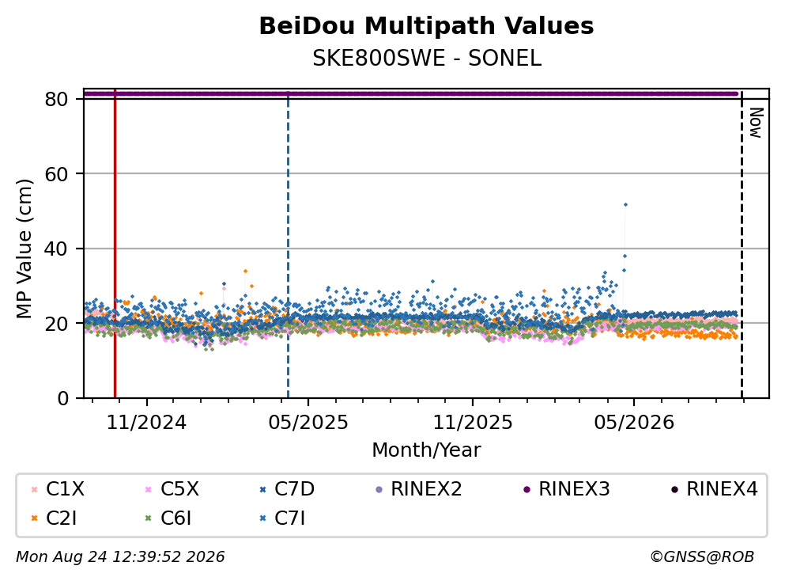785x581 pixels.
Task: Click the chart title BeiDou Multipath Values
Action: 426,26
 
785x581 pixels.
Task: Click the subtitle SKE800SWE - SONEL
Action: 427,59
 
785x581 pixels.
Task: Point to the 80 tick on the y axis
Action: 56,99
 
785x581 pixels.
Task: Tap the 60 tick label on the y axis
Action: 56,174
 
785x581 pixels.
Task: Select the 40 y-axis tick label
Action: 56,249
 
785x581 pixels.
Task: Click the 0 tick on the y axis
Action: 62,398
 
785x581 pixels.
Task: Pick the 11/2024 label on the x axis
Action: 146,423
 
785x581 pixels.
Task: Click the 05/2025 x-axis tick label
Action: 308,423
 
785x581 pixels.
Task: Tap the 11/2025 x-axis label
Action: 473,423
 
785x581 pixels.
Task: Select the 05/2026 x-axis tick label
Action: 634,423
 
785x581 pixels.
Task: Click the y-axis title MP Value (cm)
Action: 24,249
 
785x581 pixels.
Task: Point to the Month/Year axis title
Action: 426,450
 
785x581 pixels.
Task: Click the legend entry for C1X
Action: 58,488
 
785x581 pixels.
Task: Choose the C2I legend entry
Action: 54,518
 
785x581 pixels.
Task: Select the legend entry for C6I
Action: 168,518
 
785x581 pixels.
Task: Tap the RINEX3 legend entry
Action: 566,488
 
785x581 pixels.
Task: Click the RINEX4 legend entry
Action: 714,488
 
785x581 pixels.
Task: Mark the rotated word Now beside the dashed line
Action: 756,123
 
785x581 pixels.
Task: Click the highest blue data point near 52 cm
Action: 625,204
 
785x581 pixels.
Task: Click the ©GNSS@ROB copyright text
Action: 702,557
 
